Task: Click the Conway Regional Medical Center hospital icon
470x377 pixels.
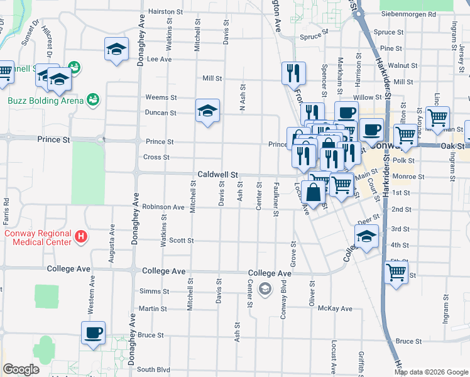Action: (x=80, y=238)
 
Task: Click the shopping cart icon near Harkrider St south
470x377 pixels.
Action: (x=396, y=273)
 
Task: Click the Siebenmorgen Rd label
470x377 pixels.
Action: (x=408, y=14)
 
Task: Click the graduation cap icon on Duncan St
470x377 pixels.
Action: (x=207, y=111)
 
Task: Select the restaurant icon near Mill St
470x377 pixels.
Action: (x=293, y=74)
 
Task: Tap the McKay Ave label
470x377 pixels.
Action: (x=335, y=309)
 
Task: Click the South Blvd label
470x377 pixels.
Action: (x=154, y=369)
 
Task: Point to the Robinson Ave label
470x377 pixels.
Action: (x=163, y=206)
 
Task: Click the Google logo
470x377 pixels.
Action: (x=21, y=369)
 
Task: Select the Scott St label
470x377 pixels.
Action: (x=182, y=241)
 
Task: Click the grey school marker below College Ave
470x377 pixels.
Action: (x=265, y=288)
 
